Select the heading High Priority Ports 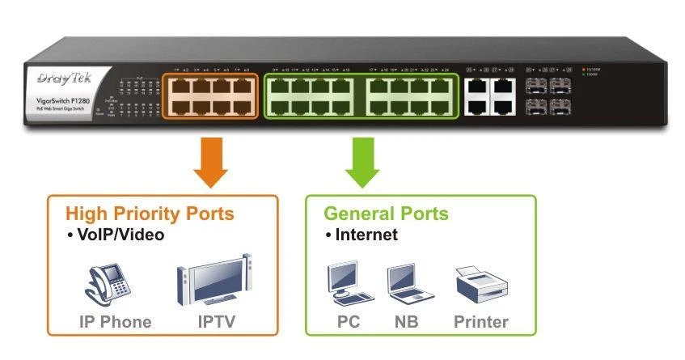[x=150, y=214]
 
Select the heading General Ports [x=386, y=214]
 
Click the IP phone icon [x=108, y=283]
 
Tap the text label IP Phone [x=115, y=322]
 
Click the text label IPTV [x=217, y=322]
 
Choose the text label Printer [x=480, y=322]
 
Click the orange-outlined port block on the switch [x=209, y=96]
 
